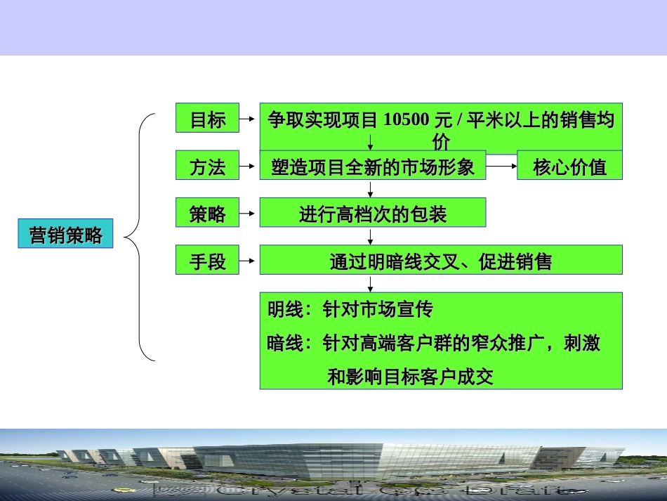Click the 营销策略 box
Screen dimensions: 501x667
pyautogui.click(x=65, y=235)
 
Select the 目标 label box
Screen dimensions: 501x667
pyautogui.click(x=207, y=119)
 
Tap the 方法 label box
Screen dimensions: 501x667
pyautogui.click(x=207, y=167)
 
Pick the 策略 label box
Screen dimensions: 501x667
pyautogui.click(x=207, y=213)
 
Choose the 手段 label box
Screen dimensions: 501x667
pyautogui.click(x=207, y=261)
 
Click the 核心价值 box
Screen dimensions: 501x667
pyautogui.click(x=569, y=167)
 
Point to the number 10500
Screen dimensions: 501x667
pyautogui.click(x=407, y=120)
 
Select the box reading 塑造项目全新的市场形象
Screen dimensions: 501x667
pyautogui.click(x=372, y=167)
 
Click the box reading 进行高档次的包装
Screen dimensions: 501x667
pyautogui.click(x=372, y=213)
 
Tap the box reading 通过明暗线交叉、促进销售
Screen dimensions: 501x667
pyautogui.click(x=441, y=261)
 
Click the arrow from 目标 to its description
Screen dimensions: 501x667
pyautogui.click(x=249, y=119)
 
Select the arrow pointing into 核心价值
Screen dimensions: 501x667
pyautogui.click(x=501, y=167)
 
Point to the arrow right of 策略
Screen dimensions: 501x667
pyautogui.click(x=249, y=213)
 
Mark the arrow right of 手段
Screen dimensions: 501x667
pyautogui.click(x=249, y=261)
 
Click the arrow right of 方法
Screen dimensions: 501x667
pyautogui.click(x=249, y=167)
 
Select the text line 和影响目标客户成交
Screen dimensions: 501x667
pyautogui.click(x=411, y=377)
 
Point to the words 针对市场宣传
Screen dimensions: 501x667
pyautogui.click(x=378, y=309)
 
